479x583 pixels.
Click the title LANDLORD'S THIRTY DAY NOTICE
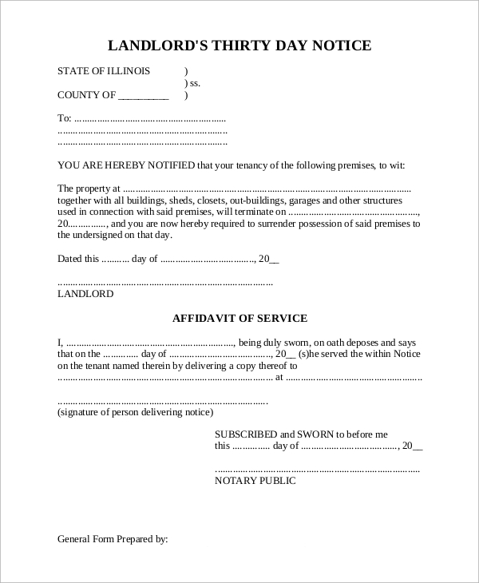click(239, 46)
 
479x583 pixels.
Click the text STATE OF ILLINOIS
click(104, 71)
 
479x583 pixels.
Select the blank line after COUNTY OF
click(144, 96)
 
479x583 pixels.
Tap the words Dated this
click(78, 259)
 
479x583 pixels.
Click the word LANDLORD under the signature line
click(85, 294)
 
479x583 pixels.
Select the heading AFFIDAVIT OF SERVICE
click(239, 318)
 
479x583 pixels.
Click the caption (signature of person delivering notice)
click(135, 413)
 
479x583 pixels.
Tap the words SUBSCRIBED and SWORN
click(273, 434)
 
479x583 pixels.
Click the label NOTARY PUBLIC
click(255, 481)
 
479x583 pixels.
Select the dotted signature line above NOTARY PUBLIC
click(318, 470)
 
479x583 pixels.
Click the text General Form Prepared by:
click(113, 539)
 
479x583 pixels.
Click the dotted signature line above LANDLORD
click(165, 283)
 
